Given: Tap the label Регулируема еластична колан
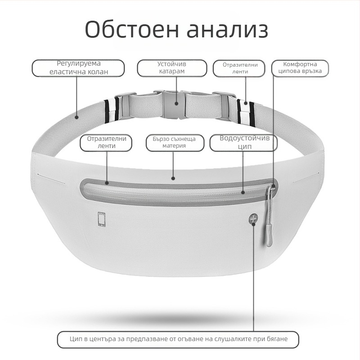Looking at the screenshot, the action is click(x=78, y=68).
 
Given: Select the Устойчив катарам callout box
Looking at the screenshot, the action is click(x=172, y=68).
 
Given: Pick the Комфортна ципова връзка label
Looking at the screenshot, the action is click(x=300, y=68).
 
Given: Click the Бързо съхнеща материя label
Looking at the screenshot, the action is click(x=175, y=143).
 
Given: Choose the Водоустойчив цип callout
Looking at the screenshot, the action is click(x=243, y=143).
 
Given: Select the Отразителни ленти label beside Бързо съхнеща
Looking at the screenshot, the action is click(x=106, y=143).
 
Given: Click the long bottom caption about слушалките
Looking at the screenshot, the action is click(x=178, y=340).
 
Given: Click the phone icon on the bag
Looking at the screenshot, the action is click(x=102, y=219).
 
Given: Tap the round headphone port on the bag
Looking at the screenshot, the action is click(x=253, y=218).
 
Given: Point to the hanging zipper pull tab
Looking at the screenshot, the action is click(x=269, y=235).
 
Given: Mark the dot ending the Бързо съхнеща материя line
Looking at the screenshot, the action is click(x=173, y=178).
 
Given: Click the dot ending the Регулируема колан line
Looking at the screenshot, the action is click(x=76, y=117).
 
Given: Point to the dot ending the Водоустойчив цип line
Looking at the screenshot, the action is click(x=243, y=192).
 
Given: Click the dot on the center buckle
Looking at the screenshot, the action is click(x=176, y=103).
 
